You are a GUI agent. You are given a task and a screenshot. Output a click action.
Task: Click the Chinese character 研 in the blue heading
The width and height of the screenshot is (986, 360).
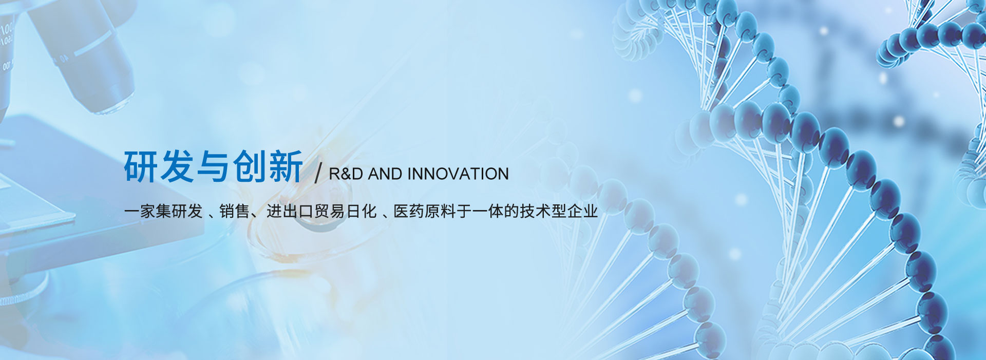[x=141, y=166]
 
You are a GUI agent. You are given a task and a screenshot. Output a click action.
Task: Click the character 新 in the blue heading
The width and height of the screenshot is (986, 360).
[x=285, y=166]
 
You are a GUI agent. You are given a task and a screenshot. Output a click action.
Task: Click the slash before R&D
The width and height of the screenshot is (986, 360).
[x=318, y=174]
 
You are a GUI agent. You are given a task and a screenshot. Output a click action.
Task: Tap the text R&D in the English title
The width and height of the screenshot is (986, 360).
[x=347, y=174]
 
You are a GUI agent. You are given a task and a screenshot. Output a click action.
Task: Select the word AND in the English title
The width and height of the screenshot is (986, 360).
[x=385, y=174]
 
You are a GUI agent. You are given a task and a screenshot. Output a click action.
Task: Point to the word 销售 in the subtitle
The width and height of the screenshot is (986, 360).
[x=234, y=211]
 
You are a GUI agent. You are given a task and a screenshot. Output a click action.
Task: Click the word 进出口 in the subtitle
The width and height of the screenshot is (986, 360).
[x=290, y=211]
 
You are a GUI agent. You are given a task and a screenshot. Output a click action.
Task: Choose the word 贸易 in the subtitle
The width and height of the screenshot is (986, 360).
[x=329, y=211]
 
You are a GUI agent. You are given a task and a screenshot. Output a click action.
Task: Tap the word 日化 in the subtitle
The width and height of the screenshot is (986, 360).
[x=361, y=211]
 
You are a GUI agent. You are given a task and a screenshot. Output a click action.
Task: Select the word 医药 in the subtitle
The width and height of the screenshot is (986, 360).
[x=409, y=211]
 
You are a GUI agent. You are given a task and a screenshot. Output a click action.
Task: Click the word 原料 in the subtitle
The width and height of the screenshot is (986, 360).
[x=441, y=211]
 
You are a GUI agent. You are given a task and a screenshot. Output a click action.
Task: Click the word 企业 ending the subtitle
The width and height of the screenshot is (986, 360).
[x=583, y=211]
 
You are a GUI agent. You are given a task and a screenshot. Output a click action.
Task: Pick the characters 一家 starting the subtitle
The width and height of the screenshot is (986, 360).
[x=139, y=211]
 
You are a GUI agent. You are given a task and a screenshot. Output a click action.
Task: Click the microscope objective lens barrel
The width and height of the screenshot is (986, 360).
[x=82, y=51]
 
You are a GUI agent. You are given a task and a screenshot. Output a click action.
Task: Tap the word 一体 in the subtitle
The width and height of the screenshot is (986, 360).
[x=488, y=211]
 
